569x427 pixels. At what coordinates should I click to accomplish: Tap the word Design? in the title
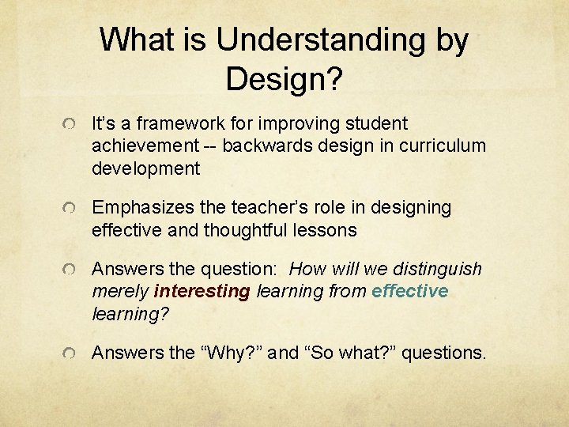pos(284,78)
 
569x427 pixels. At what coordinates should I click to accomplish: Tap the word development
pos(146,168)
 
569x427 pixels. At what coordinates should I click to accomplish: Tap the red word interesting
pos(202,292)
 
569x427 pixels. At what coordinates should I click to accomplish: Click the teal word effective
pos(409,292)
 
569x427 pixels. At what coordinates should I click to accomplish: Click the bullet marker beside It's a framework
pos(71,126)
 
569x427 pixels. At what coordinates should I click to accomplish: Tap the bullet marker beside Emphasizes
pos(71,210)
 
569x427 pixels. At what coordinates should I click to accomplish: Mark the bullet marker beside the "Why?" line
pos(71,355)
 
